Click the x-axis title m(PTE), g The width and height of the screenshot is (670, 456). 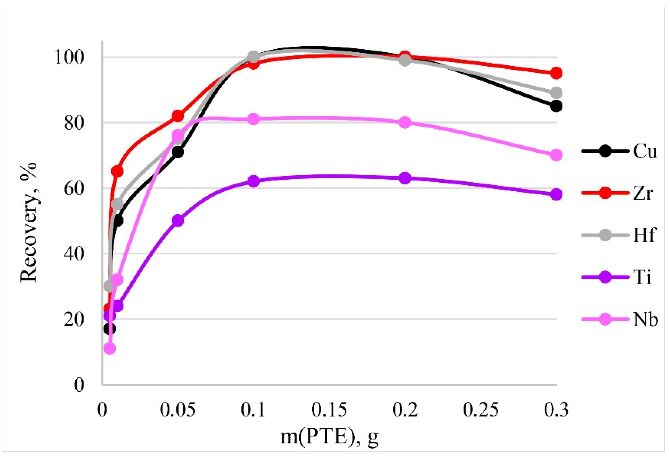pos(329,437)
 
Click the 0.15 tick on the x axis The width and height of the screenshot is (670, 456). pos(329,410)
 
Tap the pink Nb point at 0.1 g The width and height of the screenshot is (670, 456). pos(253,119)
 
